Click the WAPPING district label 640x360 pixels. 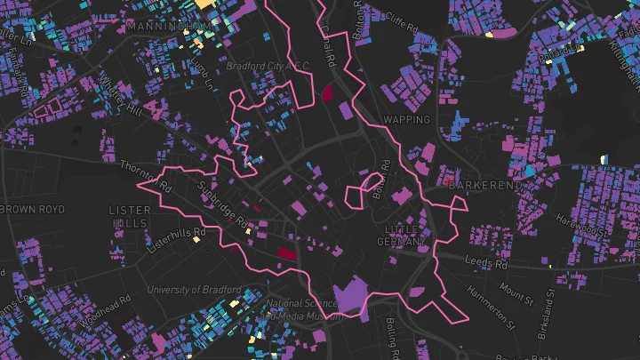(x=406, y=119)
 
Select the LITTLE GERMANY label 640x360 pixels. (x=402, y=236)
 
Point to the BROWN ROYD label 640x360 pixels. (x=33, y=209)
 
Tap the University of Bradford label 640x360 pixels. (x=194, y=290)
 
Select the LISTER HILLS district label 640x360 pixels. (x=129, y=216)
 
